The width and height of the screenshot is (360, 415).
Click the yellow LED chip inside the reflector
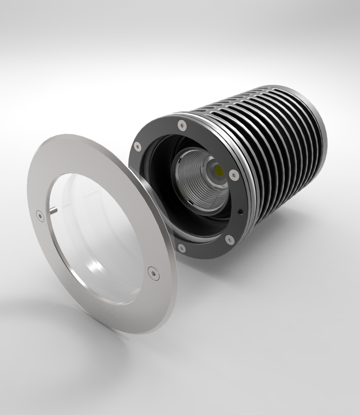pyautogui.click(x=219, y=170)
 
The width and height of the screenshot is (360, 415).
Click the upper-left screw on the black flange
pyautogui.click(x=138, y=147)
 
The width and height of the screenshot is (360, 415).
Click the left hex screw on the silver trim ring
pyautogui.click(x=39, y=216)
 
